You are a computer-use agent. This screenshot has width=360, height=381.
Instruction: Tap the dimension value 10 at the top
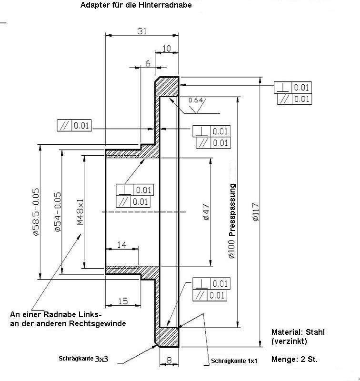(x=166, y=48)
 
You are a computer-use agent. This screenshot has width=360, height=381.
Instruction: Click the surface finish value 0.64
(x=196, y=100)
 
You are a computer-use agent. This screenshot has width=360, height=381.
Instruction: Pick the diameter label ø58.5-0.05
(x=36, y=212)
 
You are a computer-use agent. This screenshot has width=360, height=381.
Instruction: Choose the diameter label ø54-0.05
(x=57, y=212)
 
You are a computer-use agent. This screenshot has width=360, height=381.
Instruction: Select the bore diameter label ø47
(x=206, y=212)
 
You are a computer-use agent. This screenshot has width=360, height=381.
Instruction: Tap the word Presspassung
(x=232, y=210)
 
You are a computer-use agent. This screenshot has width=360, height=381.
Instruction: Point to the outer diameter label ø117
(x=255, y=212)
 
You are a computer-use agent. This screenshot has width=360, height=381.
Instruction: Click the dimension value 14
(x=121, y=244)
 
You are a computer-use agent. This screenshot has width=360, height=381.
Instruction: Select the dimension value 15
(x=122, y=301)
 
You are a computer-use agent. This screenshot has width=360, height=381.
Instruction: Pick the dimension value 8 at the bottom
(x=169, y=361)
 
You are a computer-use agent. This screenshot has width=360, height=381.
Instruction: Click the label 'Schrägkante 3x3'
(x=84, y=359)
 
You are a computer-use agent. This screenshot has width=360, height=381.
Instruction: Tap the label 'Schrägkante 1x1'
(x=234, y=361)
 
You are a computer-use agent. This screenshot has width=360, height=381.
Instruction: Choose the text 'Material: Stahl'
(x=298, y=332)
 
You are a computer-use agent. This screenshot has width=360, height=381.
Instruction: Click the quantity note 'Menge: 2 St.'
(x=294, y=359)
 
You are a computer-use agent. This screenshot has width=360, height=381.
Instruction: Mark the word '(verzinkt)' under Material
(x=289, y=341)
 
